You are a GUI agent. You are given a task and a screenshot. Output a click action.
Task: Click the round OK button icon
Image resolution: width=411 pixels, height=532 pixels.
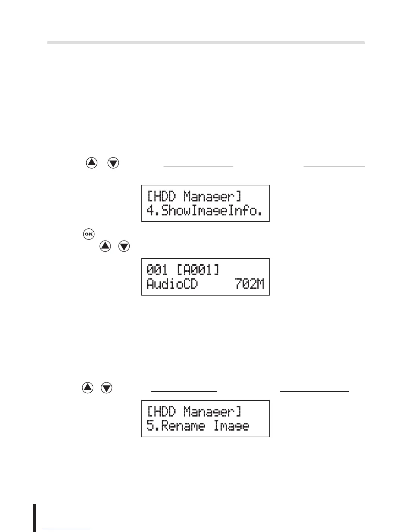(x=89, y=234)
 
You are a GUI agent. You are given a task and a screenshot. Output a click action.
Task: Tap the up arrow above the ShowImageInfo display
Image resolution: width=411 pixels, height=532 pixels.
(x=92, y=163)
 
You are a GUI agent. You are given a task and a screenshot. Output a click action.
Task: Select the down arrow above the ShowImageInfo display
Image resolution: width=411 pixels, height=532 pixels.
(x=113, y=163)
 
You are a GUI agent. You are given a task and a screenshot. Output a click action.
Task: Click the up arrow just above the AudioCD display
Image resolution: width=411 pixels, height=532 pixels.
(x=105, y=246)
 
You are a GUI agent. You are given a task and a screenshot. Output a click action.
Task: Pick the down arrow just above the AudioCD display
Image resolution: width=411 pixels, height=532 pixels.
(x=124, y=246)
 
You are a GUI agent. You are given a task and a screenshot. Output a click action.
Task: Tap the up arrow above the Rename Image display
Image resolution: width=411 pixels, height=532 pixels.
(x=88, y=388)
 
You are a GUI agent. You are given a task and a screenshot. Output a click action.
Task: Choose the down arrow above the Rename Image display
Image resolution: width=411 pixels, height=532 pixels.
(x=107, y=388)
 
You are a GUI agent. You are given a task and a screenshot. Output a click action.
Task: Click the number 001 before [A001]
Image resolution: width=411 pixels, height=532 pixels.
(x=157, y=270)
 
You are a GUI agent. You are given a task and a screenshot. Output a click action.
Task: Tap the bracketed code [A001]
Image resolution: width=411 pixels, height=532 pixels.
(x=198, y=270)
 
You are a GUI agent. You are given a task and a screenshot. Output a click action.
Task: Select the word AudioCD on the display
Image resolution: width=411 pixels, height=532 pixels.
(x=172, y=285)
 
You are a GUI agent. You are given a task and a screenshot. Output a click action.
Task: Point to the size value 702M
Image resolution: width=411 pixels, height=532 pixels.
(x=249, y=284)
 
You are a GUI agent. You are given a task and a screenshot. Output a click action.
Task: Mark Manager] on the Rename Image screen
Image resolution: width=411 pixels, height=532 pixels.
(x=212, y=412)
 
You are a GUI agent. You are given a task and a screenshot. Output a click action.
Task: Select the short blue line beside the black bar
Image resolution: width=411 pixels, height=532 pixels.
(x=67, y=529)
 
